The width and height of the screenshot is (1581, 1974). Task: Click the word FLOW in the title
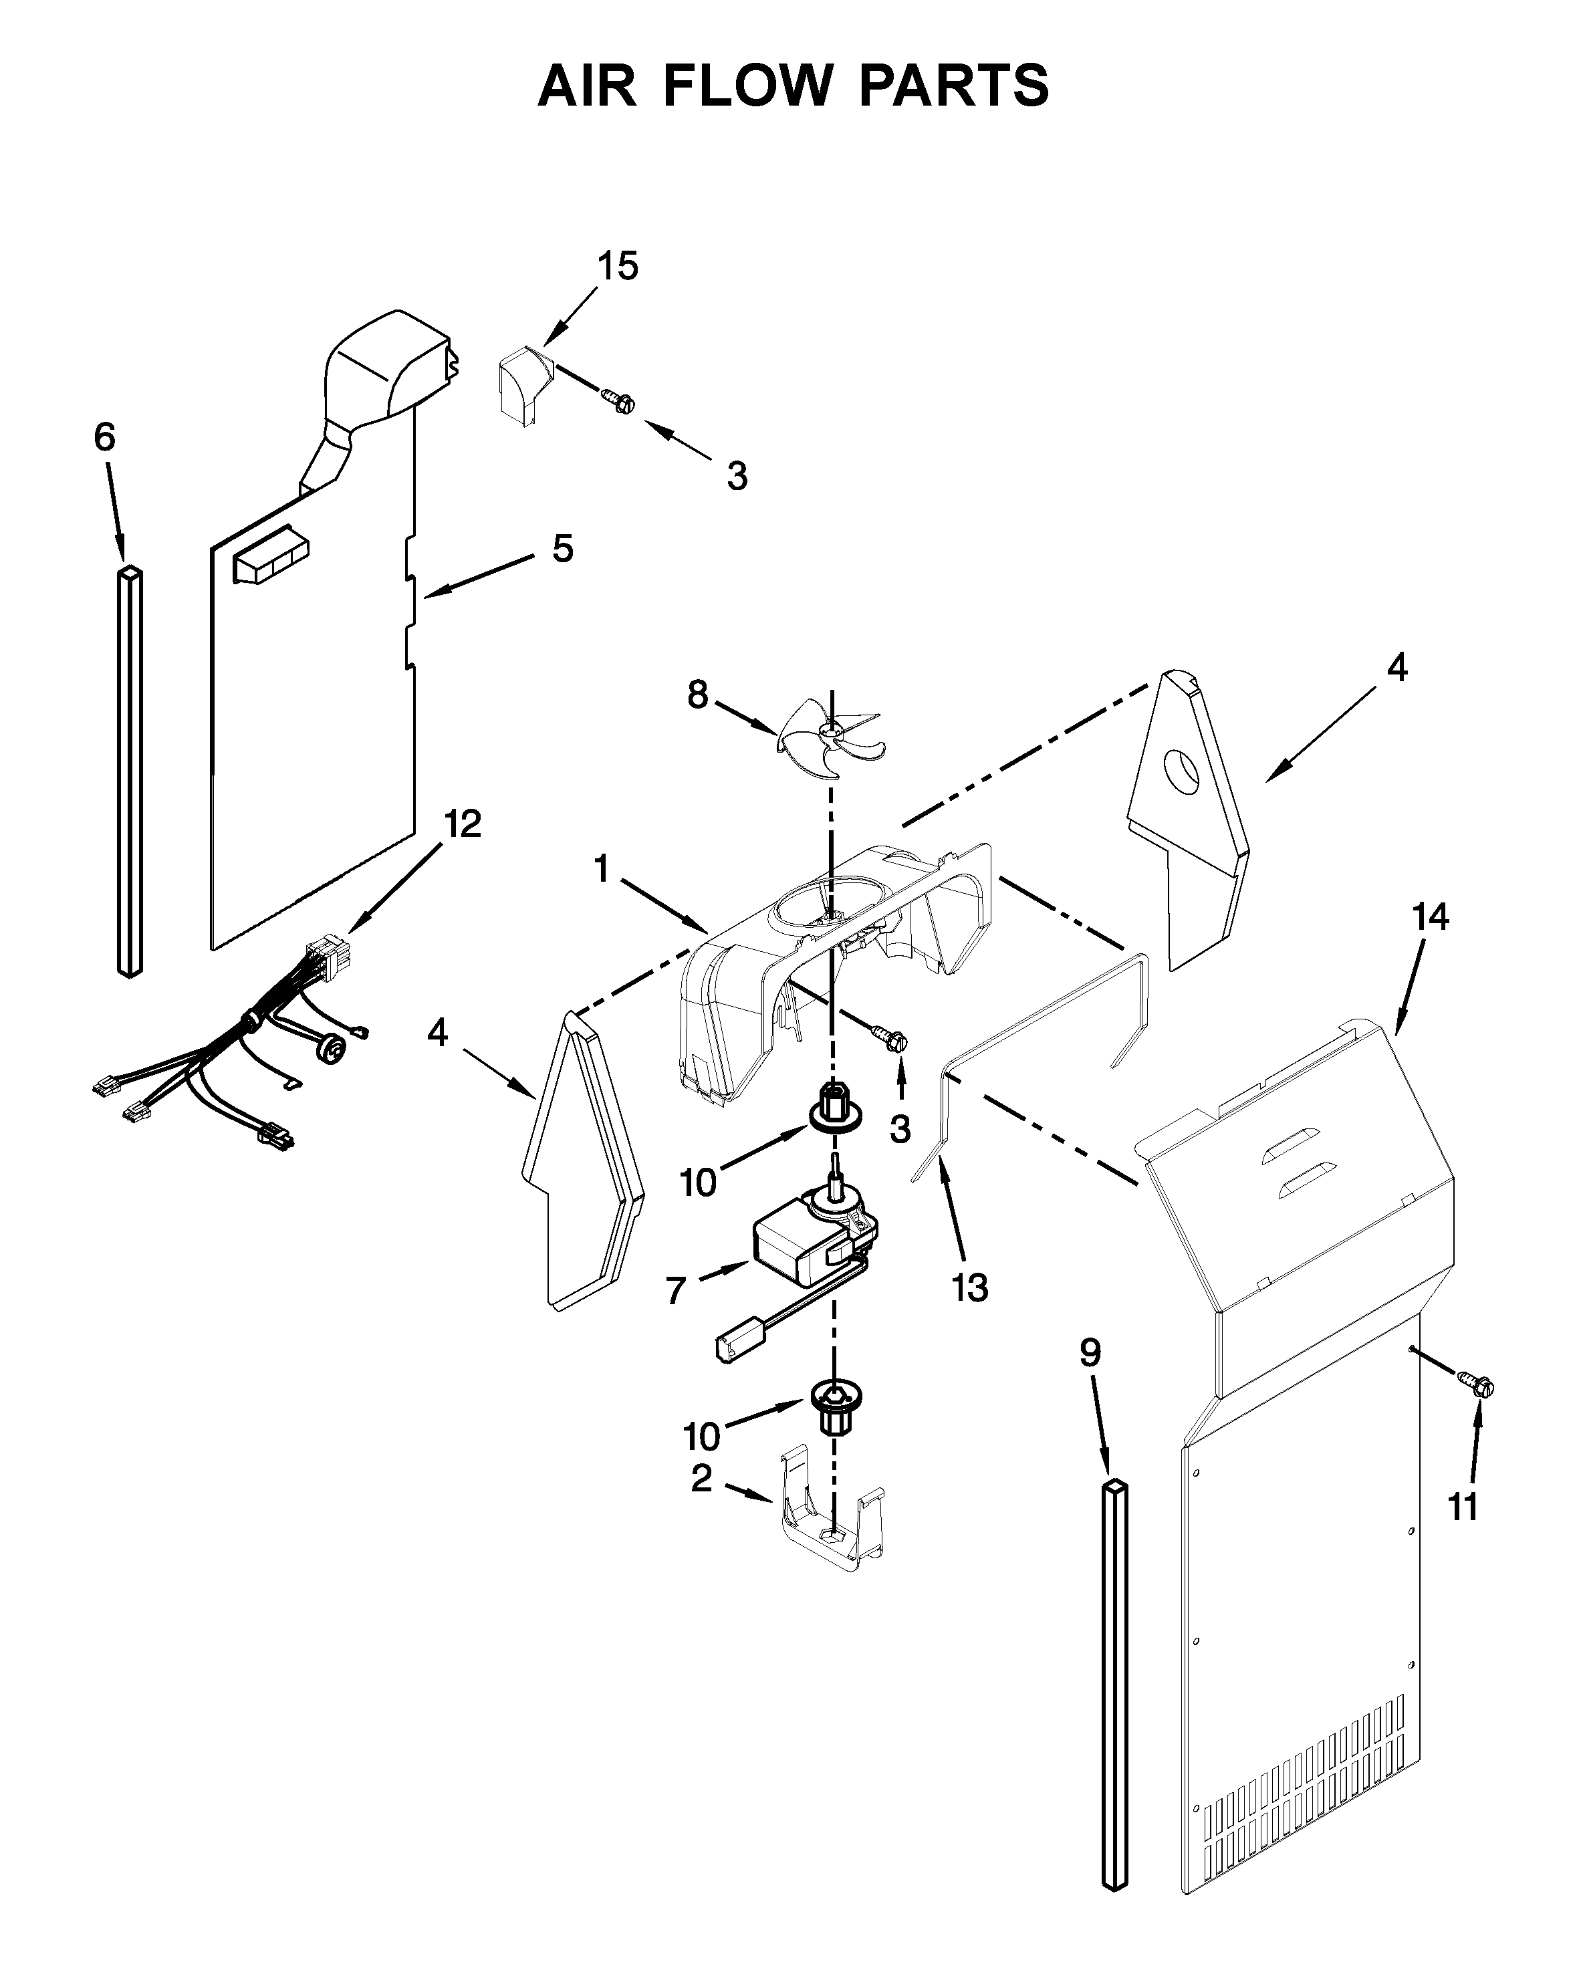click(746, 87)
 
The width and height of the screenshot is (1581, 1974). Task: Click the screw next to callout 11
click(1477, 1386)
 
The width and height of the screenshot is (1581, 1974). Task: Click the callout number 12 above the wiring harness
click(463, 824)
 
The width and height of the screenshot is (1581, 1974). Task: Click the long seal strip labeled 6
click(130, 769)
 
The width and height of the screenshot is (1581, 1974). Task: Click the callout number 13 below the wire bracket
click(969, 1288)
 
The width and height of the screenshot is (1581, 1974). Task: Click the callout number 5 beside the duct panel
click(562, 548)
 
